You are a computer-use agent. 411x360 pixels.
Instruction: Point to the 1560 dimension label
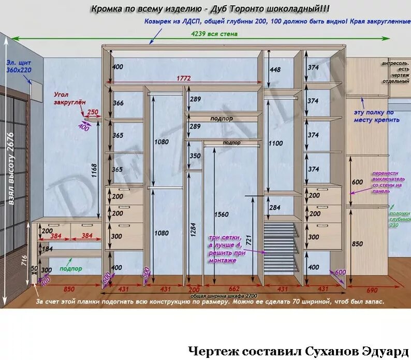pyautogui.click(x=221, y=214)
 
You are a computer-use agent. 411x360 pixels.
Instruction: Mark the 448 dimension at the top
pyautogui.click(x=275, y=70)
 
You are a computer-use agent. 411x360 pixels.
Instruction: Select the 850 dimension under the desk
pyautogui.click(x=68, y=289)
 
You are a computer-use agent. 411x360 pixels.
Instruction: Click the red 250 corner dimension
pyautogui.click(x=93, y=111)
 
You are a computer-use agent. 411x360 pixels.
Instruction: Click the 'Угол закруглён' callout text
pyautogui.click(x=69, y=98)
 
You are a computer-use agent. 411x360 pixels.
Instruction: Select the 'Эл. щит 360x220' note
pyautogui.click(x=19, y=66)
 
